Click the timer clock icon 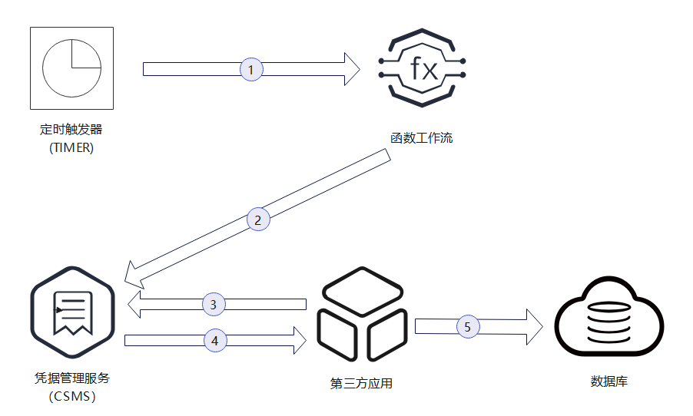point(71,68)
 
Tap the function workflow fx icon point(424,69)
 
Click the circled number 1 point(251,69)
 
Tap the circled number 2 point(258,220)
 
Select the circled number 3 point(214,304)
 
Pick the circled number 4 point(215,338)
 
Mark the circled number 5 point(467,326)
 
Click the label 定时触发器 point(71,130)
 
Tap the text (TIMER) point(71,148)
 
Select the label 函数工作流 point(421,139)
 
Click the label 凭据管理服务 point(73,378)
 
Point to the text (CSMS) point(73,397)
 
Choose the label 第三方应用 point(361,383)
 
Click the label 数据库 point(609,381)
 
